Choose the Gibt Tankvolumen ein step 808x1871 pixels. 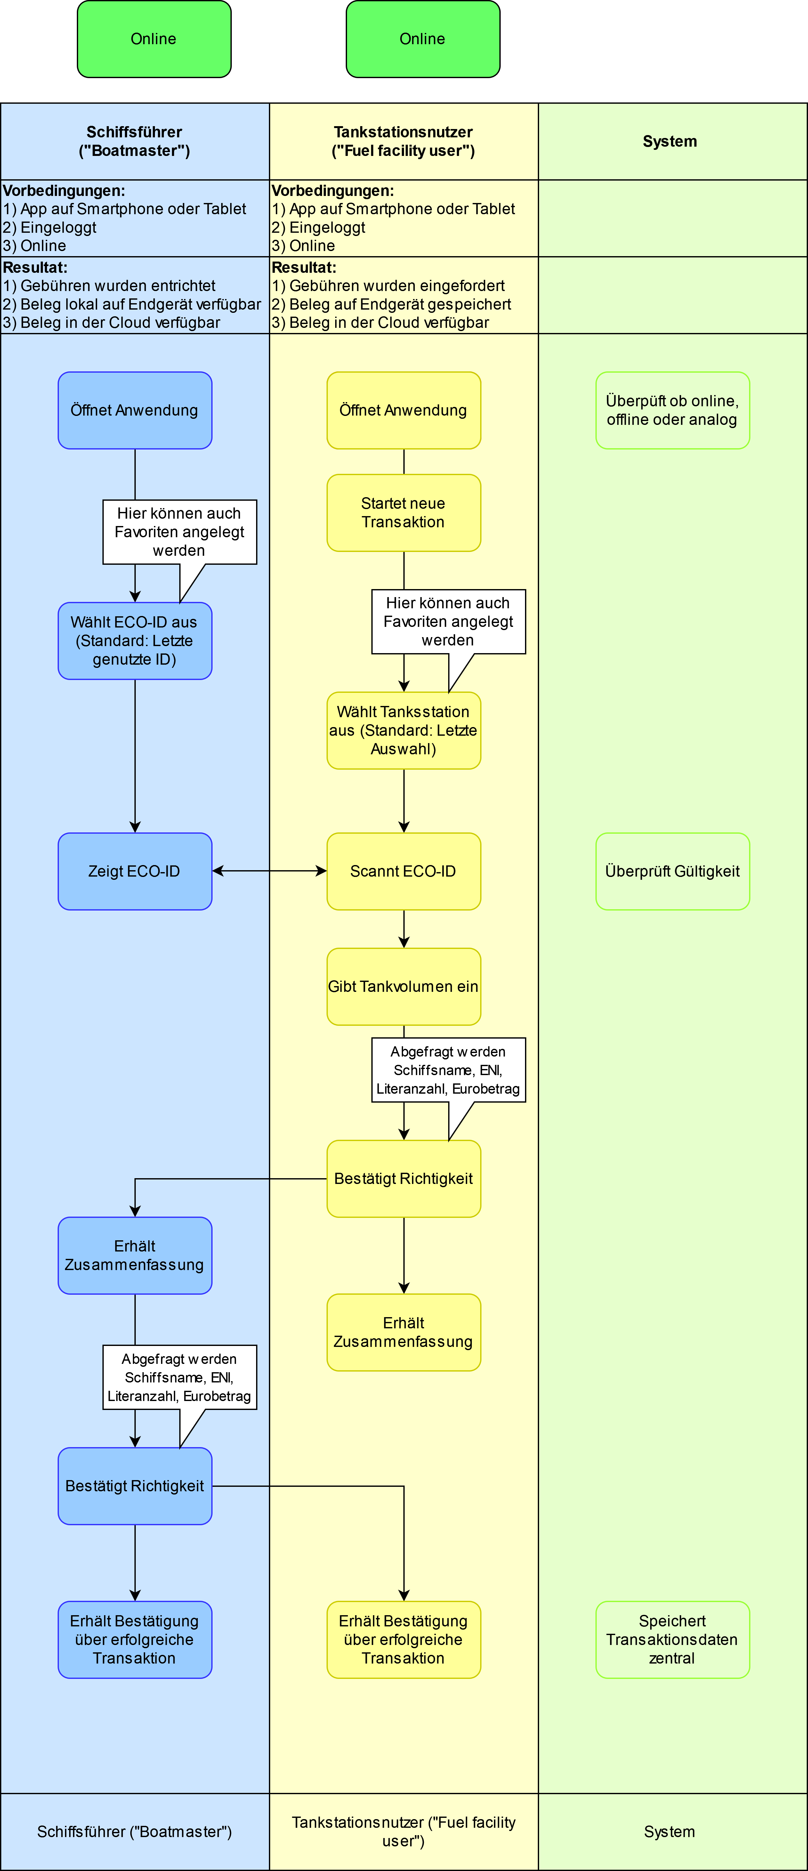tap(404, 986)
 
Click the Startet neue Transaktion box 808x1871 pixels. tap(404, 513)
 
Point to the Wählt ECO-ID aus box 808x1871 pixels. tap(135, 641)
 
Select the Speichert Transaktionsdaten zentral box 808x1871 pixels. tap(672, 1639)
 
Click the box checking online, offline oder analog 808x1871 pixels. tap(672, 410)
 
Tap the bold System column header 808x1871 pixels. tap(669, 142)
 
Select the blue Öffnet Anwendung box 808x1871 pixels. tap(135, 410)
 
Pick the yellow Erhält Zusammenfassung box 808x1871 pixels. tap(404, 1332)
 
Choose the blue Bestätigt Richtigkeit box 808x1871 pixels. tap(135, 1486)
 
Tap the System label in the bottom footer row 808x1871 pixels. tap(669, 1832)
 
